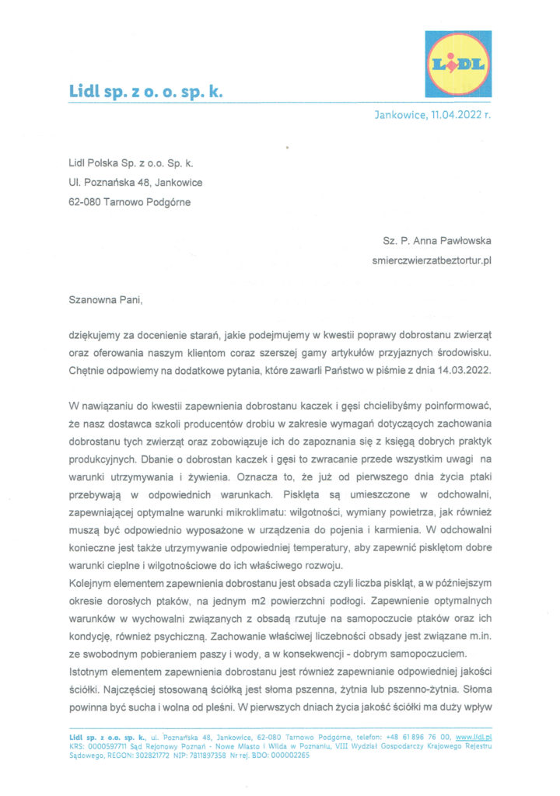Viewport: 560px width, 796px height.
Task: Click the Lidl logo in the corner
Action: click(457, 64)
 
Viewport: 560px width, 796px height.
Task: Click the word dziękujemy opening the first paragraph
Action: click(96, 333)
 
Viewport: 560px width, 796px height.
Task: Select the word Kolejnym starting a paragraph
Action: click(92, 582)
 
